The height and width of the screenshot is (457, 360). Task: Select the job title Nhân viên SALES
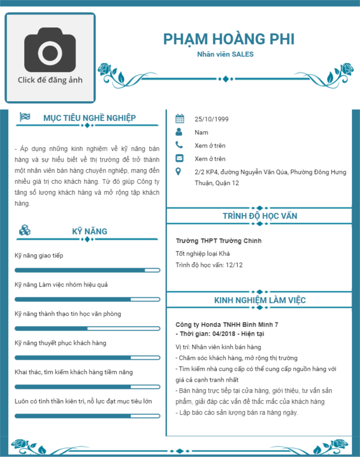point(225,54)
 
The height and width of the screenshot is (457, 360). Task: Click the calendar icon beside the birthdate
point(180,119)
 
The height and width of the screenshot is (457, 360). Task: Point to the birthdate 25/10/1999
point(211,119)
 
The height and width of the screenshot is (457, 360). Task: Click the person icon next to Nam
point(180,132)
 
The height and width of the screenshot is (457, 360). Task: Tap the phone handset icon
point(180,145)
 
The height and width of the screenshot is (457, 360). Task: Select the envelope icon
point(180,159)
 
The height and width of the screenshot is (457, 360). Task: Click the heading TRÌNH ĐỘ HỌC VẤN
point(260,216)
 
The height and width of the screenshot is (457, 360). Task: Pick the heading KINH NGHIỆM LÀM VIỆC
point(260,300)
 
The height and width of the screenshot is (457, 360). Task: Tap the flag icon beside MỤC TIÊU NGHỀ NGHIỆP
point(25,117)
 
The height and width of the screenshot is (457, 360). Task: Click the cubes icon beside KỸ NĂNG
point(25,231)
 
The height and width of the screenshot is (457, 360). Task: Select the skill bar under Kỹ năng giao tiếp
point(87,270)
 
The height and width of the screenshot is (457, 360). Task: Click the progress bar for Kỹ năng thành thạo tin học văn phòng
point(87,329)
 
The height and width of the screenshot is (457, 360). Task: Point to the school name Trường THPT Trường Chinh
point(218,241)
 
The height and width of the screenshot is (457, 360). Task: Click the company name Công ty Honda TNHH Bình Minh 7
point(226,325)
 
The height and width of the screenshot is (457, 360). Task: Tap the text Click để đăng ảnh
point(50,80)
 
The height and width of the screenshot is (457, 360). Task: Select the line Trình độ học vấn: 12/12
point(209,265)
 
